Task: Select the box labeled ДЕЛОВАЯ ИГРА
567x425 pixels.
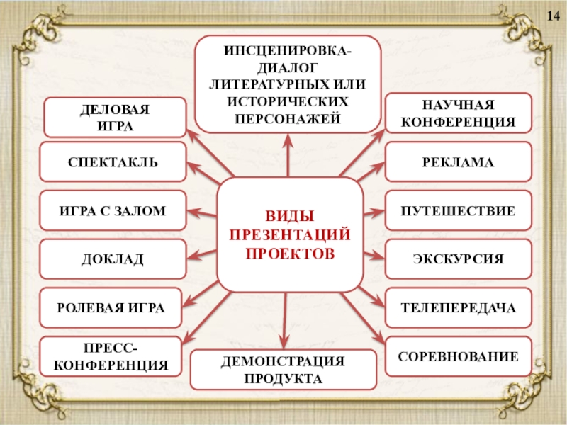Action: tap(115, 118)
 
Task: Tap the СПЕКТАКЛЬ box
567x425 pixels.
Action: tap(113, 162)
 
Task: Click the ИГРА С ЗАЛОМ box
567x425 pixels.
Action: tap(113, 210)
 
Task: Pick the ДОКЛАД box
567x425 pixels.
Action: tap(113, 259)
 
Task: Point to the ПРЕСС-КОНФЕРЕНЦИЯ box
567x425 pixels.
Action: tap(112, 357)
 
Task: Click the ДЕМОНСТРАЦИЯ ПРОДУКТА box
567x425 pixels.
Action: tap(283, 370)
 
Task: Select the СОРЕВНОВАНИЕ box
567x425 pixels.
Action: tap(458, 357)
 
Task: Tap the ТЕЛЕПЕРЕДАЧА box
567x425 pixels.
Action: tap(458, 308)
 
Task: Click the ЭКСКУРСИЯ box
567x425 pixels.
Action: tap(458, 259)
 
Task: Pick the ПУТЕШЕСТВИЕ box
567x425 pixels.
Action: tap(458, 210)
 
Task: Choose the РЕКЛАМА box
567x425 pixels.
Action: tap(458, 162)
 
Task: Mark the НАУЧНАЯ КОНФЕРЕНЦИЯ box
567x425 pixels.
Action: tap(458, 113)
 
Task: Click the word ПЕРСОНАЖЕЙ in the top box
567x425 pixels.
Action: tap(288, 117)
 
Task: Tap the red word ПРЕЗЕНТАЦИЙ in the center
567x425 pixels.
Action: tap(289, 234)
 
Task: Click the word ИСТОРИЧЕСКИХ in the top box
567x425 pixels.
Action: tap(288, 101)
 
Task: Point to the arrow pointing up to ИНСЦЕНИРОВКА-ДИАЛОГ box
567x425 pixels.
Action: tap(288, 156)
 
